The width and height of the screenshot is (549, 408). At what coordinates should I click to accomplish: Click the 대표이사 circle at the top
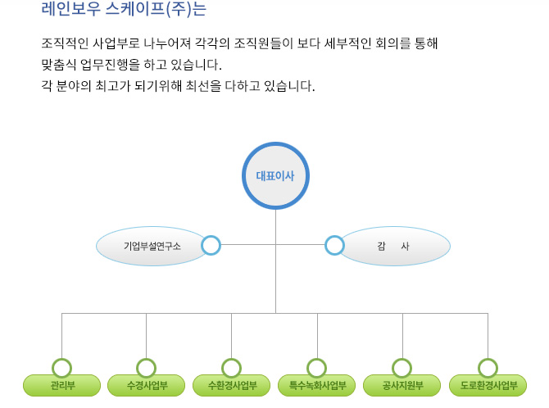pos(275,175)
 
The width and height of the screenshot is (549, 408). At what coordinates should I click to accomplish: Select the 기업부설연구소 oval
pos(152,246)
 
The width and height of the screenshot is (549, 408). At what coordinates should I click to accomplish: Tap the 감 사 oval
pos(393,246)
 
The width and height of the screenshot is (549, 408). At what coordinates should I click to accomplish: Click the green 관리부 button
pos(62,385)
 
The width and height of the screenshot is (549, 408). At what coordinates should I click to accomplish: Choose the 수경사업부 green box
pos(147,385)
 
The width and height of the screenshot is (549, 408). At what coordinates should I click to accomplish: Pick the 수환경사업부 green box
pos(231,385)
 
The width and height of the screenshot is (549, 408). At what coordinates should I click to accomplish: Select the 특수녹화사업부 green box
pos(317,385)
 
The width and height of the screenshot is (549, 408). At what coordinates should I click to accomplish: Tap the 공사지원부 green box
pos(402,385)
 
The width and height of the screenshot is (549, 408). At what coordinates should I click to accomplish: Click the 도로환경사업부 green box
pos(488,385)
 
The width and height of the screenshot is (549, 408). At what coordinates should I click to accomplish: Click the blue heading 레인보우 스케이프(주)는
pos(124,8)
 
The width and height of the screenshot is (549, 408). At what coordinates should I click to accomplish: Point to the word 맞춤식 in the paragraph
pos(58,65)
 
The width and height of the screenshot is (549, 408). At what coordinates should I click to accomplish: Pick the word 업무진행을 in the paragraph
pos(111,65)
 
